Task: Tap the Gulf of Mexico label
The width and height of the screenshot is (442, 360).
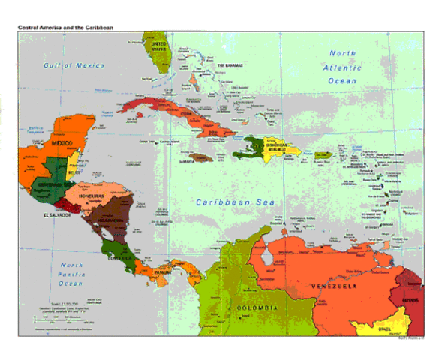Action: [74, 65]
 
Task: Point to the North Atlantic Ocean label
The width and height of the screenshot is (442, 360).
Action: [344, 67]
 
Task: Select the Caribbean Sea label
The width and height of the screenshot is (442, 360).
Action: [235, 202]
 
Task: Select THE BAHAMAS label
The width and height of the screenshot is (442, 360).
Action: [231, 66]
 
